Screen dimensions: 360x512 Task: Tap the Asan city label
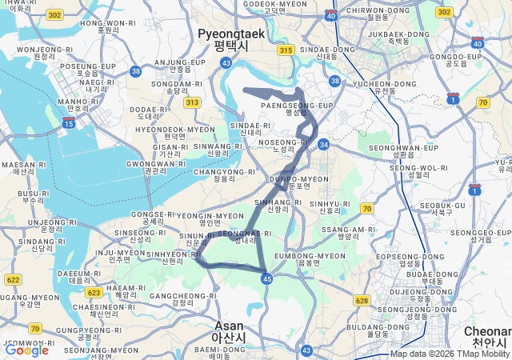(230, 330)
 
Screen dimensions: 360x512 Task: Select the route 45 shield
(267, 278)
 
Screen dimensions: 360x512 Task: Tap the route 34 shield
(323, 145)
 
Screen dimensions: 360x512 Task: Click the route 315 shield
(286, 50)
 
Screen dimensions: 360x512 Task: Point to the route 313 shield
(192, 102)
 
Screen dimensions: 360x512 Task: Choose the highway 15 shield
(69, 123)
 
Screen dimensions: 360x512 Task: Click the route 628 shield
(362, 301)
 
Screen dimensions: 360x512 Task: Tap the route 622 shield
(13, 279)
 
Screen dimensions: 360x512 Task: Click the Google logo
(26, 350)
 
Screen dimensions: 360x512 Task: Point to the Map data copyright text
(450, 354)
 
